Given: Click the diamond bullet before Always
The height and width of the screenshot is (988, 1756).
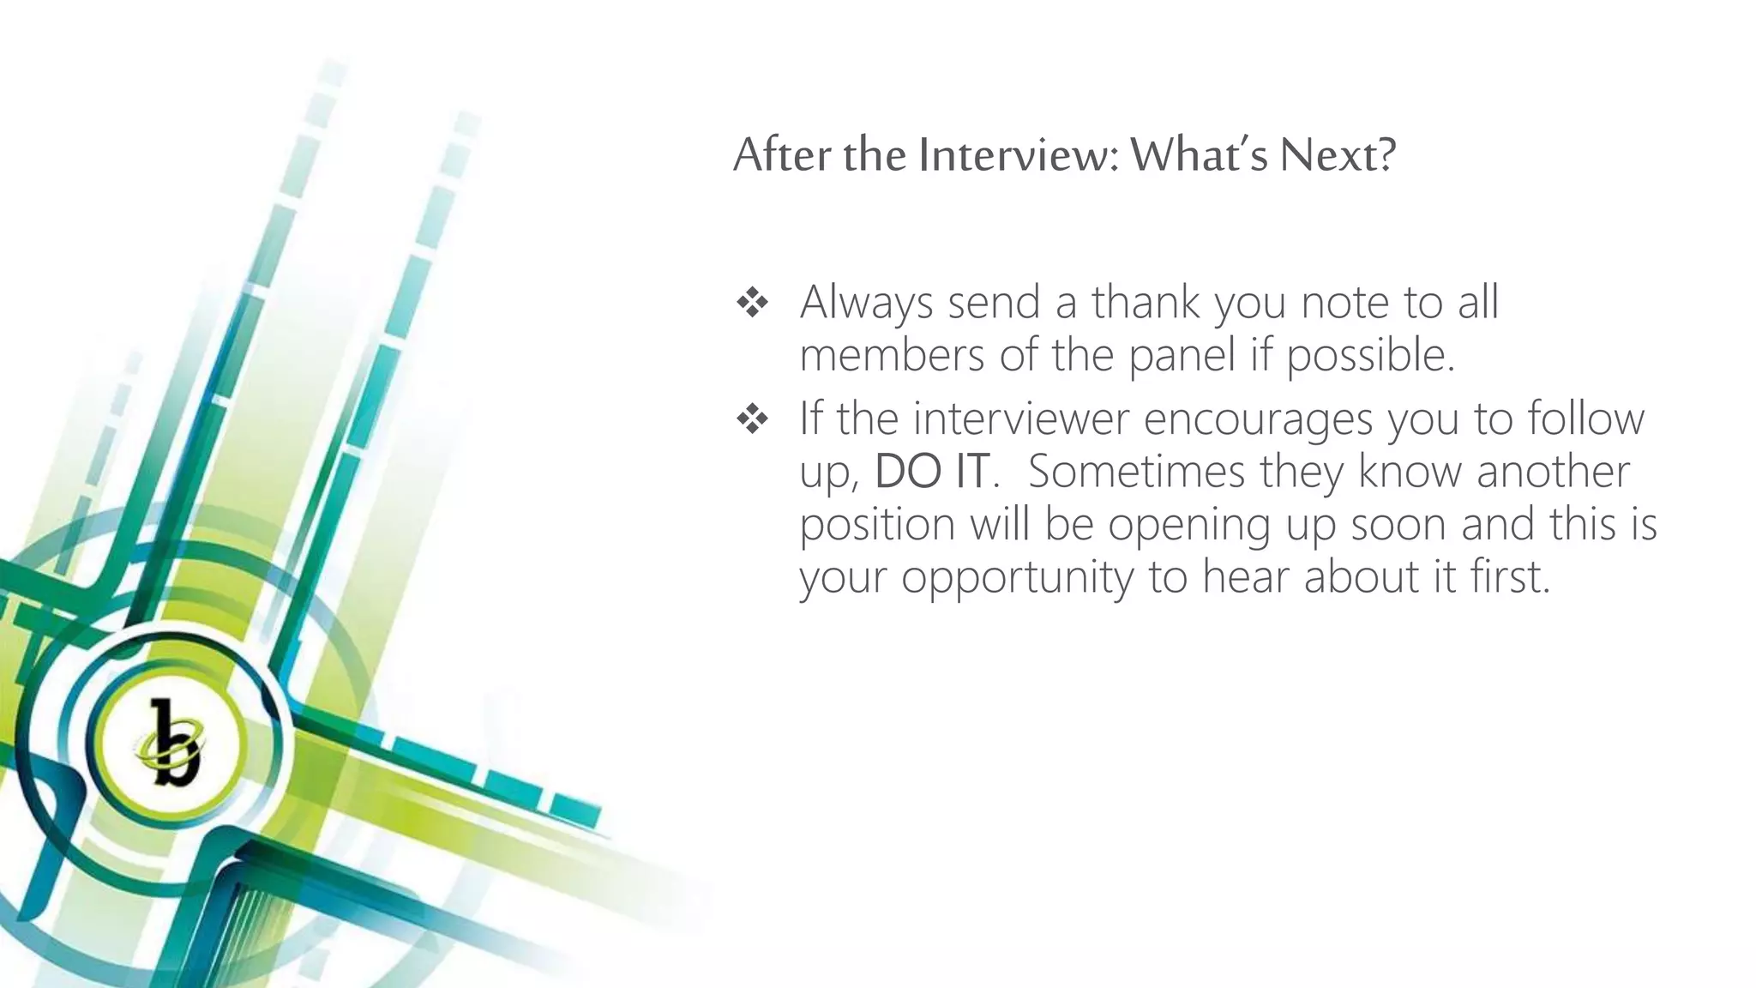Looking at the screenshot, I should (752, 303).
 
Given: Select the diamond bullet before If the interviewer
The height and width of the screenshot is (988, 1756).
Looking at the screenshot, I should (752, 419).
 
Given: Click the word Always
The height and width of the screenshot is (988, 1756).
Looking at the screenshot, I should (866, 303).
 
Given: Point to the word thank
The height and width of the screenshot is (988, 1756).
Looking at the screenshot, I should (1146, 303).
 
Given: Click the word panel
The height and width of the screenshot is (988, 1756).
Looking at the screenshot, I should (1182, 355).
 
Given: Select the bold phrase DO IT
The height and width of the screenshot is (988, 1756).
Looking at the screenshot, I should (930, 472).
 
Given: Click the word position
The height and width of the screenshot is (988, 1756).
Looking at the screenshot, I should (877, 525).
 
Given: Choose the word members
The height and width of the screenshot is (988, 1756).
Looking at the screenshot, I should (892, 355).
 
